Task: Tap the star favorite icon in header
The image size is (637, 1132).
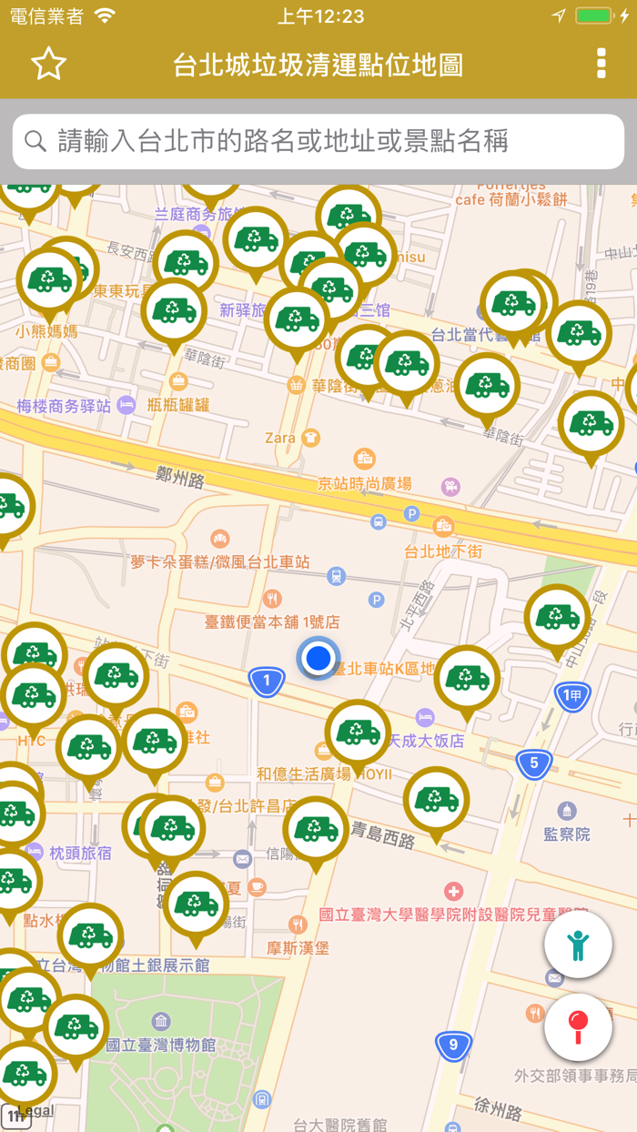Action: coord(49,64)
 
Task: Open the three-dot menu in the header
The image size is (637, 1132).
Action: coord(601,64)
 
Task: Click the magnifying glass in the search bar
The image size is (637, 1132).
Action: coord(35,141)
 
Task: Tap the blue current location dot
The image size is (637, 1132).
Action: coord(318,658)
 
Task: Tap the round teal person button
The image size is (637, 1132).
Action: coord(578,945)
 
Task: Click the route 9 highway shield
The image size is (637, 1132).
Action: coord(453,1044)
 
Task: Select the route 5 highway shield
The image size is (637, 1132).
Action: coord(534,763)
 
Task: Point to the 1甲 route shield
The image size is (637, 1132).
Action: coord(572,698)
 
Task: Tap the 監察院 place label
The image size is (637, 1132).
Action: coord(568,833)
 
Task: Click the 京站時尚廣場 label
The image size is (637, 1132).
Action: coord(365,483)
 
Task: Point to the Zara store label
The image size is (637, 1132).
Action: coord(280,438)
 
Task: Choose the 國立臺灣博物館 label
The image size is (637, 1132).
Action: coord(161,1044)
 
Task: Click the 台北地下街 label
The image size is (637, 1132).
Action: coord(443,551)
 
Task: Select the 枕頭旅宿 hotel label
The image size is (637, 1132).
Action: coord(80,853)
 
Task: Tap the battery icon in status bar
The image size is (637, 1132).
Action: coord(593,15)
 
